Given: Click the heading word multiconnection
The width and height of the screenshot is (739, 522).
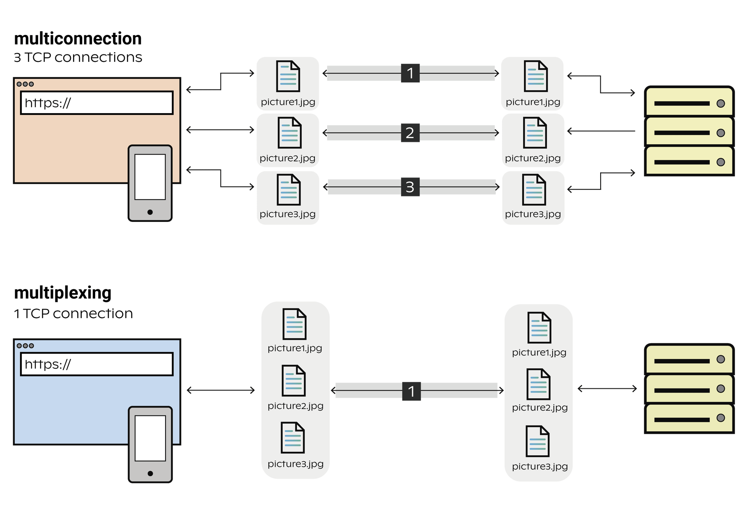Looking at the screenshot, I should click(x=78, y=39).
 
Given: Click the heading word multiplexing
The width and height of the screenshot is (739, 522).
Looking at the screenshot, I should click(x=62, y=293).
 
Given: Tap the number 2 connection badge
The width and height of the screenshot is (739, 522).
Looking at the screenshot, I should click(x=410, y=133).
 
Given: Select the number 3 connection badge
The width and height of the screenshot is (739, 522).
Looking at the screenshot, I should click(x=410, y=187).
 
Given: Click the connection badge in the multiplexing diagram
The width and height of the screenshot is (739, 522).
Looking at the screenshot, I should click(x=411, y=391).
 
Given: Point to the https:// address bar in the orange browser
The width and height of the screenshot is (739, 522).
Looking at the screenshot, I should click(x=97, y=103).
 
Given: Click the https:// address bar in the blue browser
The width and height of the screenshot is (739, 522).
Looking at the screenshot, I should click(x=97, y=364).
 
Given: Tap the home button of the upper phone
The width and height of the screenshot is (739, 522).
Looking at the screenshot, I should click(x=150, y=212).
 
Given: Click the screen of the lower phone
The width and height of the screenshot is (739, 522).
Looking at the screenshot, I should click(x=150, y=438).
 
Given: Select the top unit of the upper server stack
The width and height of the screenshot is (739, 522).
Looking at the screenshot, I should click(x=689, y=102).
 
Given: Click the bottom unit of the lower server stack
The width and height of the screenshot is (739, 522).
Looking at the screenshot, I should click(x=689, y=418).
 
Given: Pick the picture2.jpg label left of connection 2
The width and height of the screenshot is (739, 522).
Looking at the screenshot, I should click(x=287, y=158).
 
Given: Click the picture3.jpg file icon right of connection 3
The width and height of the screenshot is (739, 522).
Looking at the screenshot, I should click(x=534, y=189).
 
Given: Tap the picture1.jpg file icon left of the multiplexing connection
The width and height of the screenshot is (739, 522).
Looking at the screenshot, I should click(x=294, y=324).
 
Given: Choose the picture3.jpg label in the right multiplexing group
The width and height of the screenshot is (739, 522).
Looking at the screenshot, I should click(x=539, y=466).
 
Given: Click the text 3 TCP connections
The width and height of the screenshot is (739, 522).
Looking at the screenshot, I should click(x=78, y=57).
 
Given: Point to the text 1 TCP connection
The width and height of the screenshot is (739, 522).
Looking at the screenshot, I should click(x=73, y=314).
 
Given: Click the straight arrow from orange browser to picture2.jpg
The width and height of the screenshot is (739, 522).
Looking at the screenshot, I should click(x=220, y=130).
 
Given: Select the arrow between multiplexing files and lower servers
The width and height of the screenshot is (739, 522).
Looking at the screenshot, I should click(x=607, y=388).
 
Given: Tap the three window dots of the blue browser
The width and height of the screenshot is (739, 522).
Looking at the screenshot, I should click(x=25, y=346).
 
